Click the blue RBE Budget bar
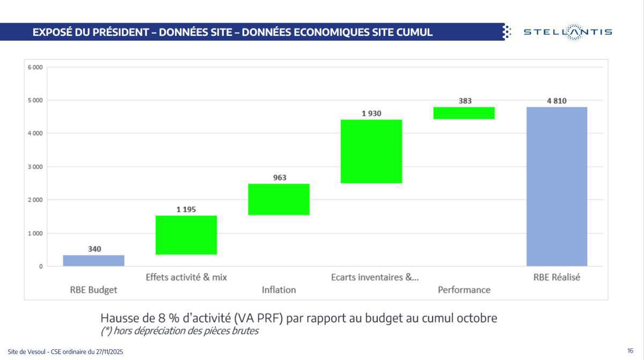click(94, 260)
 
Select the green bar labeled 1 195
click(186, 235)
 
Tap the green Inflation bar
click(279, 200)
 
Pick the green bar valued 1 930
click(371, 151)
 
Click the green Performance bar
click(464, 113)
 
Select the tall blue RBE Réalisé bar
click(557, 186)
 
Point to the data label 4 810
click(557, 100)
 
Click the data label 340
click(94, 249)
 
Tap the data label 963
click(279, 178)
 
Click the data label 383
click(465, 100)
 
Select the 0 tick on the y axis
click(40, 267)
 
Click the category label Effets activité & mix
click(186, 277)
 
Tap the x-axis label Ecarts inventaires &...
click(375, 277)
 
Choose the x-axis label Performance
click(464, 290)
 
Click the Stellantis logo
click(567, 32)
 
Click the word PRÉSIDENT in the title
click(108, 32)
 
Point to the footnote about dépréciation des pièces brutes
click(179, 331)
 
